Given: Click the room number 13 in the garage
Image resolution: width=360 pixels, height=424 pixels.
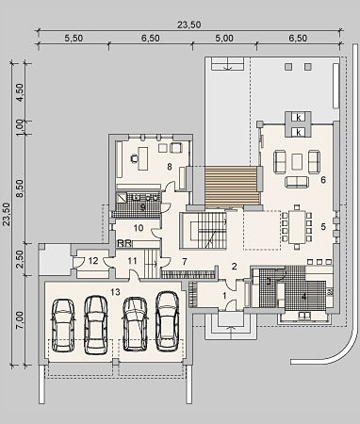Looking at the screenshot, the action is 115,292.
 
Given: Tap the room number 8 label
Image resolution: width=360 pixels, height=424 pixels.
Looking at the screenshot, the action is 170,167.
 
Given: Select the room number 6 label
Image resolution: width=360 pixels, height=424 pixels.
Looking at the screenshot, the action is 323,180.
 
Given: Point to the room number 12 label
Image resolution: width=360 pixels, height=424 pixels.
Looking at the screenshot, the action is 93,261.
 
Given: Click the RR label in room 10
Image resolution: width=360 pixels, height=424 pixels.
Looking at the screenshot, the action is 124,243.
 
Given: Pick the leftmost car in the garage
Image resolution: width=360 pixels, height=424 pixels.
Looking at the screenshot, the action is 63,325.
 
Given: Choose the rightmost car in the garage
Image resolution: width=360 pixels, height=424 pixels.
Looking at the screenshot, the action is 168,321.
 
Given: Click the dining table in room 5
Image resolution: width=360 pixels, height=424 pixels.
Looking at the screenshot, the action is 296,227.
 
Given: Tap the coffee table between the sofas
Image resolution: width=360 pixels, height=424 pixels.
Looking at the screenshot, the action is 297,162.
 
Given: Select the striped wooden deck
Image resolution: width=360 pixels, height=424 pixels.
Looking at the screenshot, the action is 232,186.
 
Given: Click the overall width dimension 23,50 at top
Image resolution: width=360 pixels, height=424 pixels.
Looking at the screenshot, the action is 188,24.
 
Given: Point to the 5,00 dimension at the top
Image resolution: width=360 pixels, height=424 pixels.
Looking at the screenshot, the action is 224,39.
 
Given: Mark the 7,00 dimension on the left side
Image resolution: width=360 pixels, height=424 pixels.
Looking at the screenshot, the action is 19,320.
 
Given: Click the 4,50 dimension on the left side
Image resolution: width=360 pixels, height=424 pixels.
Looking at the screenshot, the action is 20,92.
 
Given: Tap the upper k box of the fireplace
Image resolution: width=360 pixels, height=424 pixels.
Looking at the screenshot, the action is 299,118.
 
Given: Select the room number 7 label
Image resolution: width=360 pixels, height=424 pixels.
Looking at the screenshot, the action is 185,261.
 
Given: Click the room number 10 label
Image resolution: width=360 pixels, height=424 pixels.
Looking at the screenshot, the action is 139,228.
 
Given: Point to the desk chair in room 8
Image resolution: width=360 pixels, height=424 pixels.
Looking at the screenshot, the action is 135,159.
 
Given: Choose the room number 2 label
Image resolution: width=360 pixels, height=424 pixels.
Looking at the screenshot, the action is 234,267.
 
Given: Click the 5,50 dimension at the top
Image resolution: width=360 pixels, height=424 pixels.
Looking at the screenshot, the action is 74,39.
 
